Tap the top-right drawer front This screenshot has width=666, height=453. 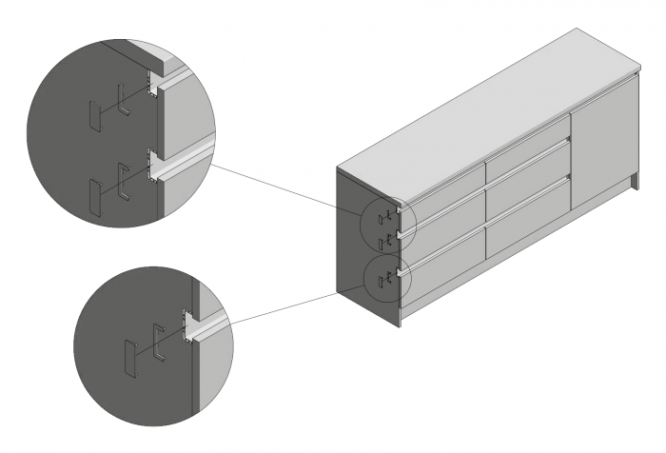point(526,151)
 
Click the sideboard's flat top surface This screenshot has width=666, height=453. point(495,105)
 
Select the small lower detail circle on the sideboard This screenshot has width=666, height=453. point(385,278)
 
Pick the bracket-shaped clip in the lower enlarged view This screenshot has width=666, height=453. point(157,343)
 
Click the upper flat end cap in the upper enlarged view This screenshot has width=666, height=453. point(92,115)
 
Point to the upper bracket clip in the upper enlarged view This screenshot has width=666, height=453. point(122,100)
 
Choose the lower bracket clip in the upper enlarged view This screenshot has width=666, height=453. point(122,180)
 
